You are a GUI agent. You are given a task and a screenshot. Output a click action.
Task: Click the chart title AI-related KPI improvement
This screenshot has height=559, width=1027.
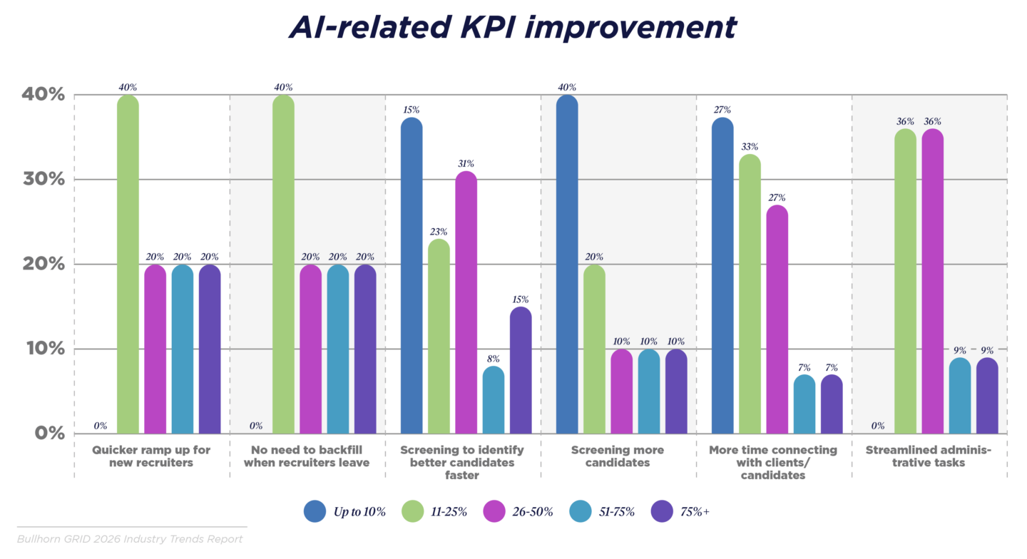click(512, 27)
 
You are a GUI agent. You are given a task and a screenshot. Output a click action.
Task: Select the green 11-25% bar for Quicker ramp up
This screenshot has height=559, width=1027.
click(128, 264)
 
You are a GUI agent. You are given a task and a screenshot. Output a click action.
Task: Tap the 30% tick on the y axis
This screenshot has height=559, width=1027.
click(44, 179)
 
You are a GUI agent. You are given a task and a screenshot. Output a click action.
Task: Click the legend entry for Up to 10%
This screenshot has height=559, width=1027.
click(345, 511)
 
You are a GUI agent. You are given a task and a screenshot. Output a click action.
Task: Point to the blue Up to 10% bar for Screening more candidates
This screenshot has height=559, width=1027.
click(567, 264)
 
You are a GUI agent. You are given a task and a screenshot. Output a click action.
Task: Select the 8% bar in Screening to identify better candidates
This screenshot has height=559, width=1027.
click(494, 400)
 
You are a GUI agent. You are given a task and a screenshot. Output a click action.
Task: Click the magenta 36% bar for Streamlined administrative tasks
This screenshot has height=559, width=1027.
click(932, 281)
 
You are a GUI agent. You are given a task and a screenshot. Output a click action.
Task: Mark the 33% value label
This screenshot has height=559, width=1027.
click(750, 146)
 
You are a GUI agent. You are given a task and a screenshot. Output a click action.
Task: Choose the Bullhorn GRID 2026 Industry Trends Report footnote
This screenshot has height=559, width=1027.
click(130, 539)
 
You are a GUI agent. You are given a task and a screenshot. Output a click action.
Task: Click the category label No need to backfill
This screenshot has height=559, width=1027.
click(307, 456)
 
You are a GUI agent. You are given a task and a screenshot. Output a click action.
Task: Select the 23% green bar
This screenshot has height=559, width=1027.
click(439, 337)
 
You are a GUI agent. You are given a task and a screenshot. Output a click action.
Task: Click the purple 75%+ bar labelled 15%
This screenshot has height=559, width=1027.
click(521, 371)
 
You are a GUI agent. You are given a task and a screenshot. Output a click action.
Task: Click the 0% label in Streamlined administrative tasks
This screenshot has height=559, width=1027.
click(877, 426)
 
